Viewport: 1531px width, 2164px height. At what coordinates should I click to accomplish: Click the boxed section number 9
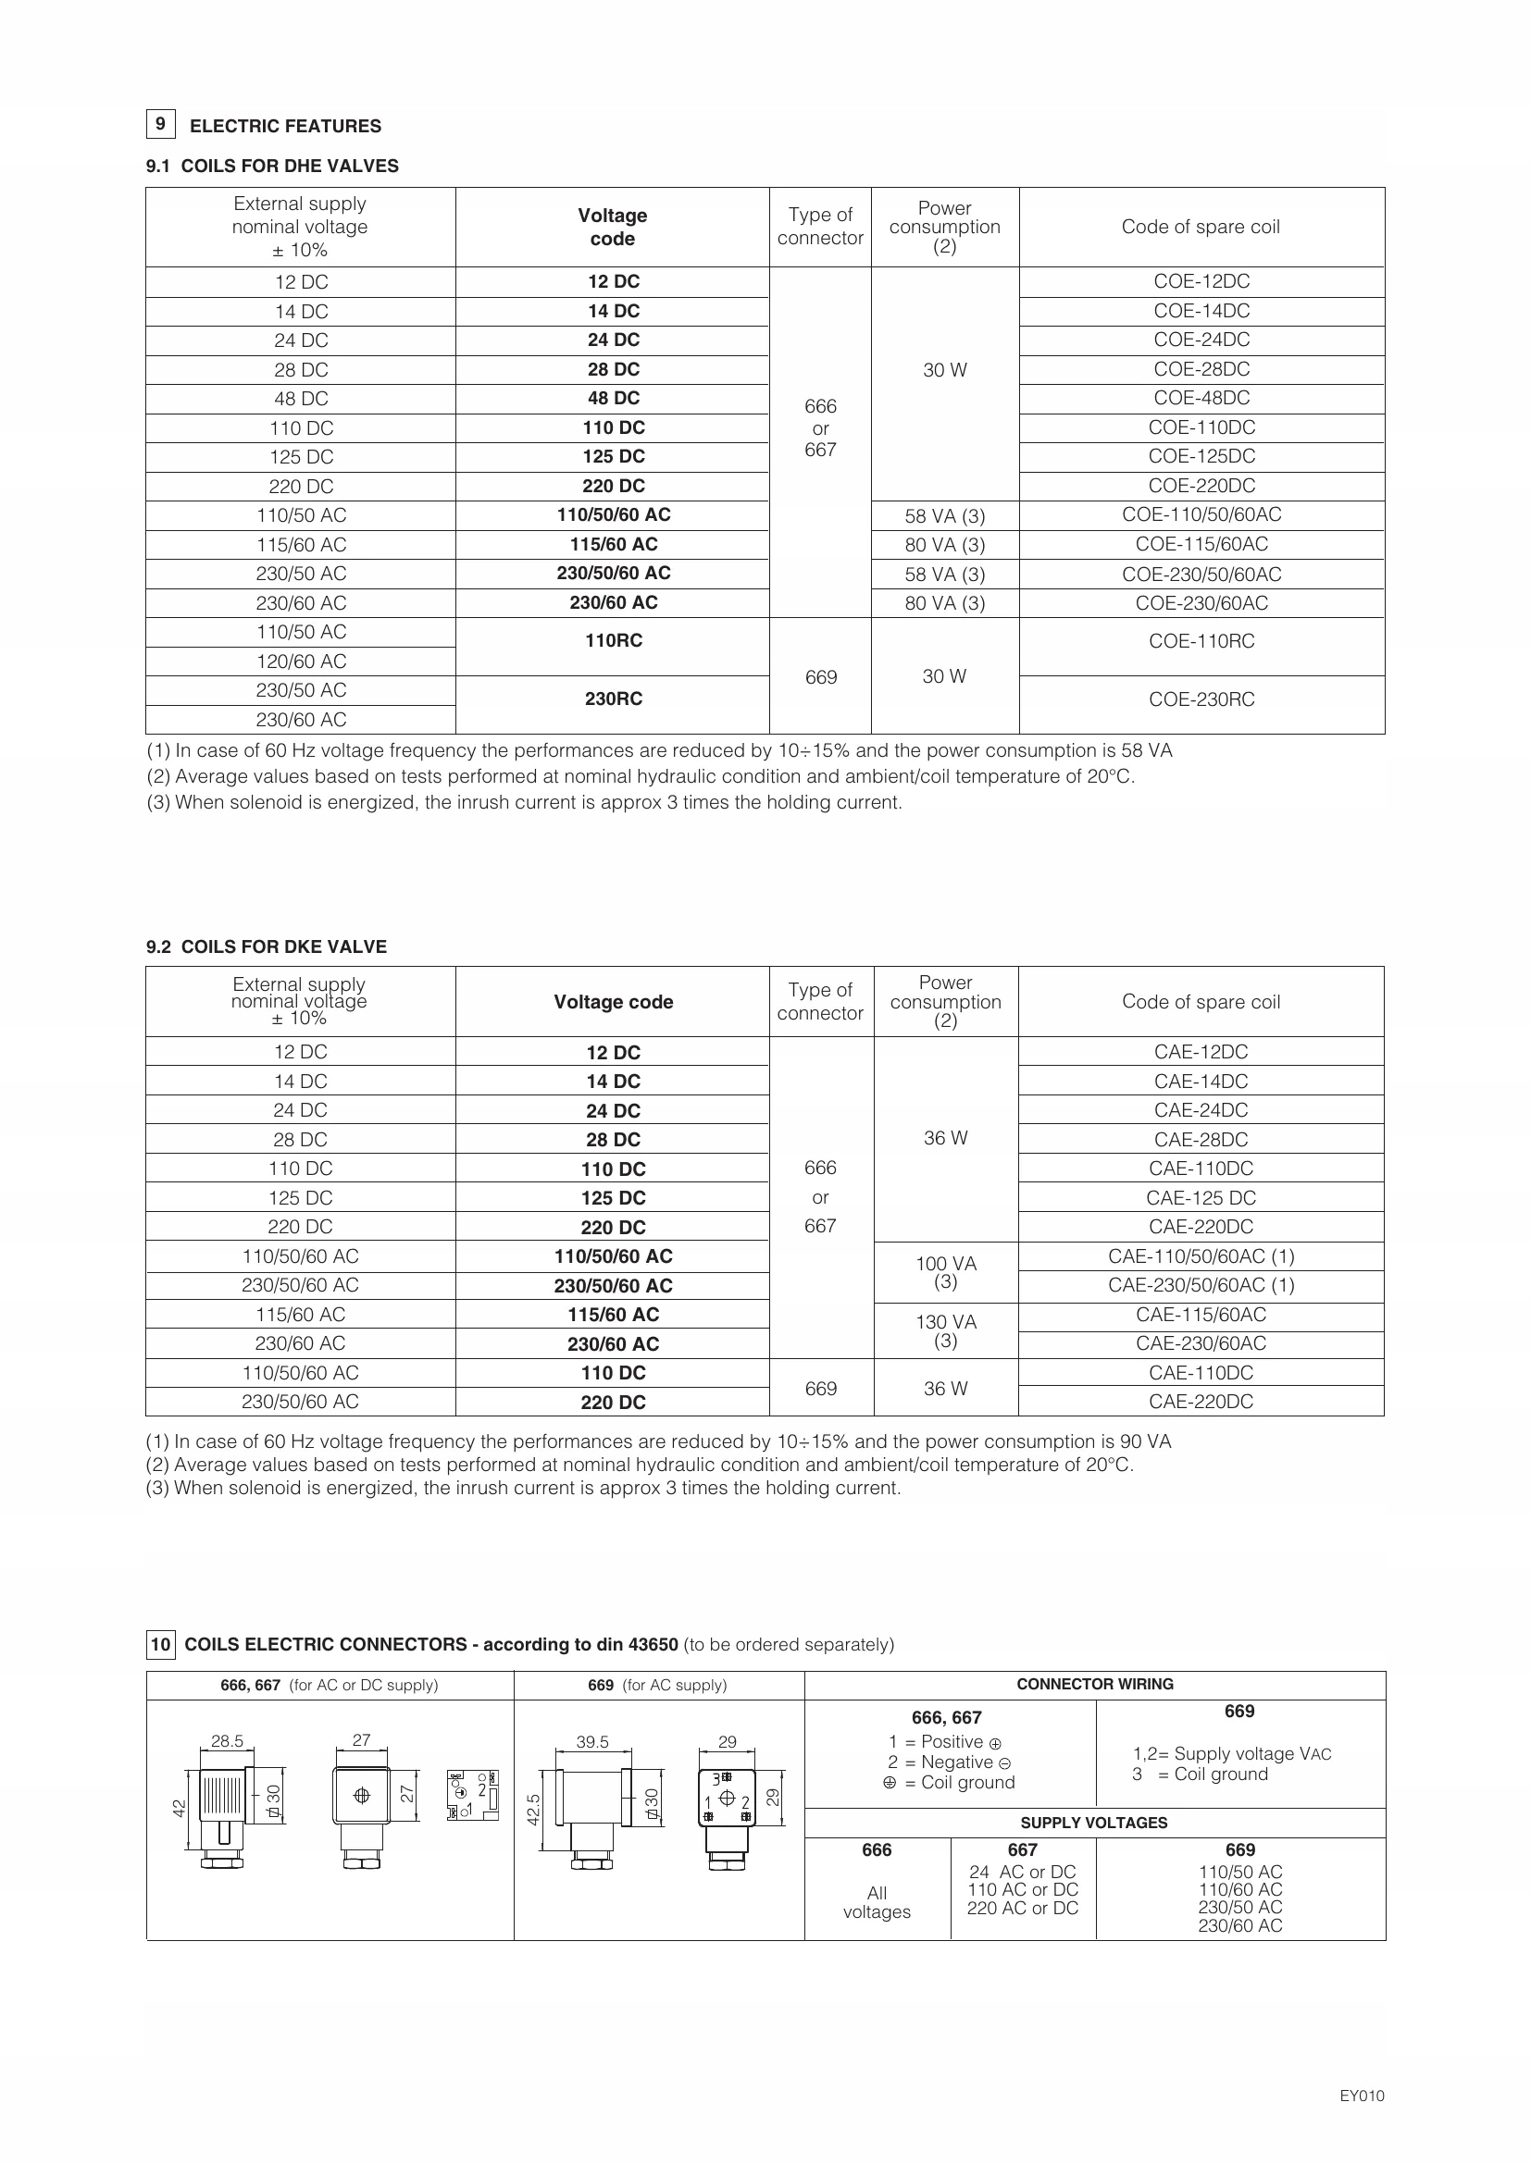tap(160, 124)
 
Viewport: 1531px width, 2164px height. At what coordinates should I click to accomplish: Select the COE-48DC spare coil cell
tap(1201, 398)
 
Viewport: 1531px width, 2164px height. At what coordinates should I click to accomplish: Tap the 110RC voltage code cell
tap(613, 641)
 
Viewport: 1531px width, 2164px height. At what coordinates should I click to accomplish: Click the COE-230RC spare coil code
tap(1201, 699)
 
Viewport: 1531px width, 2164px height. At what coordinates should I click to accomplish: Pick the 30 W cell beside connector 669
tap(945, 676)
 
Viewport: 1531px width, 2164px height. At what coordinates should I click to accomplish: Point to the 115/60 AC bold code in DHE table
tap(613, 545)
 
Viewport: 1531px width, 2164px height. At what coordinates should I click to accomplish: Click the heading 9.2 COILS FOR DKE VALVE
tap(266, 946)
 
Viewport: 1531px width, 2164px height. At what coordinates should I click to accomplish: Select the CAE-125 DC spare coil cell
tap(1201, 1198)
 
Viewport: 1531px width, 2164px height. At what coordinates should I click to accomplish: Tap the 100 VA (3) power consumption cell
tap(946, 1271)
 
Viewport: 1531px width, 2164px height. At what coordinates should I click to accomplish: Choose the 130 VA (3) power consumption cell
tap(946, 1329)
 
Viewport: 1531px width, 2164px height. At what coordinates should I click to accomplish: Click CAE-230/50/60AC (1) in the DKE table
tap(1201, 1286)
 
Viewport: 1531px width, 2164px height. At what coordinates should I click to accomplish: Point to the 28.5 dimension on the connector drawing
tap(227, 1741)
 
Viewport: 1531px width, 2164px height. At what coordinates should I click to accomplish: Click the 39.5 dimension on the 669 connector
tap(592, 1742)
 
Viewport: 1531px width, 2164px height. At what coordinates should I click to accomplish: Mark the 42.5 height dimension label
tap(533, 1810)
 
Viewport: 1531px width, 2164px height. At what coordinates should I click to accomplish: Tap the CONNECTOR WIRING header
tap(1094, 1684)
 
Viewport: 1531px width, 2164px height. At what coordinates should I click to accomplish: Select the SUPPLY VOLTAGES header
tap(1093, 1823)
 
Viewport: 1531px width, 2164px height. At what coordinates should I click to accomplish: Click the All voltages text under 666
tap(877, 1902)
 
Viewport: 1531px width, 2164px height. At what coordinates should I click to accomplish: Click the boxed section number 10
tap(160, 1645)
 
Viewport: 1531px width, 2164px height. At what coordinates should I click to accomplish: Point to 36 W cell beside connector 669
tap(946, 1389)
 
